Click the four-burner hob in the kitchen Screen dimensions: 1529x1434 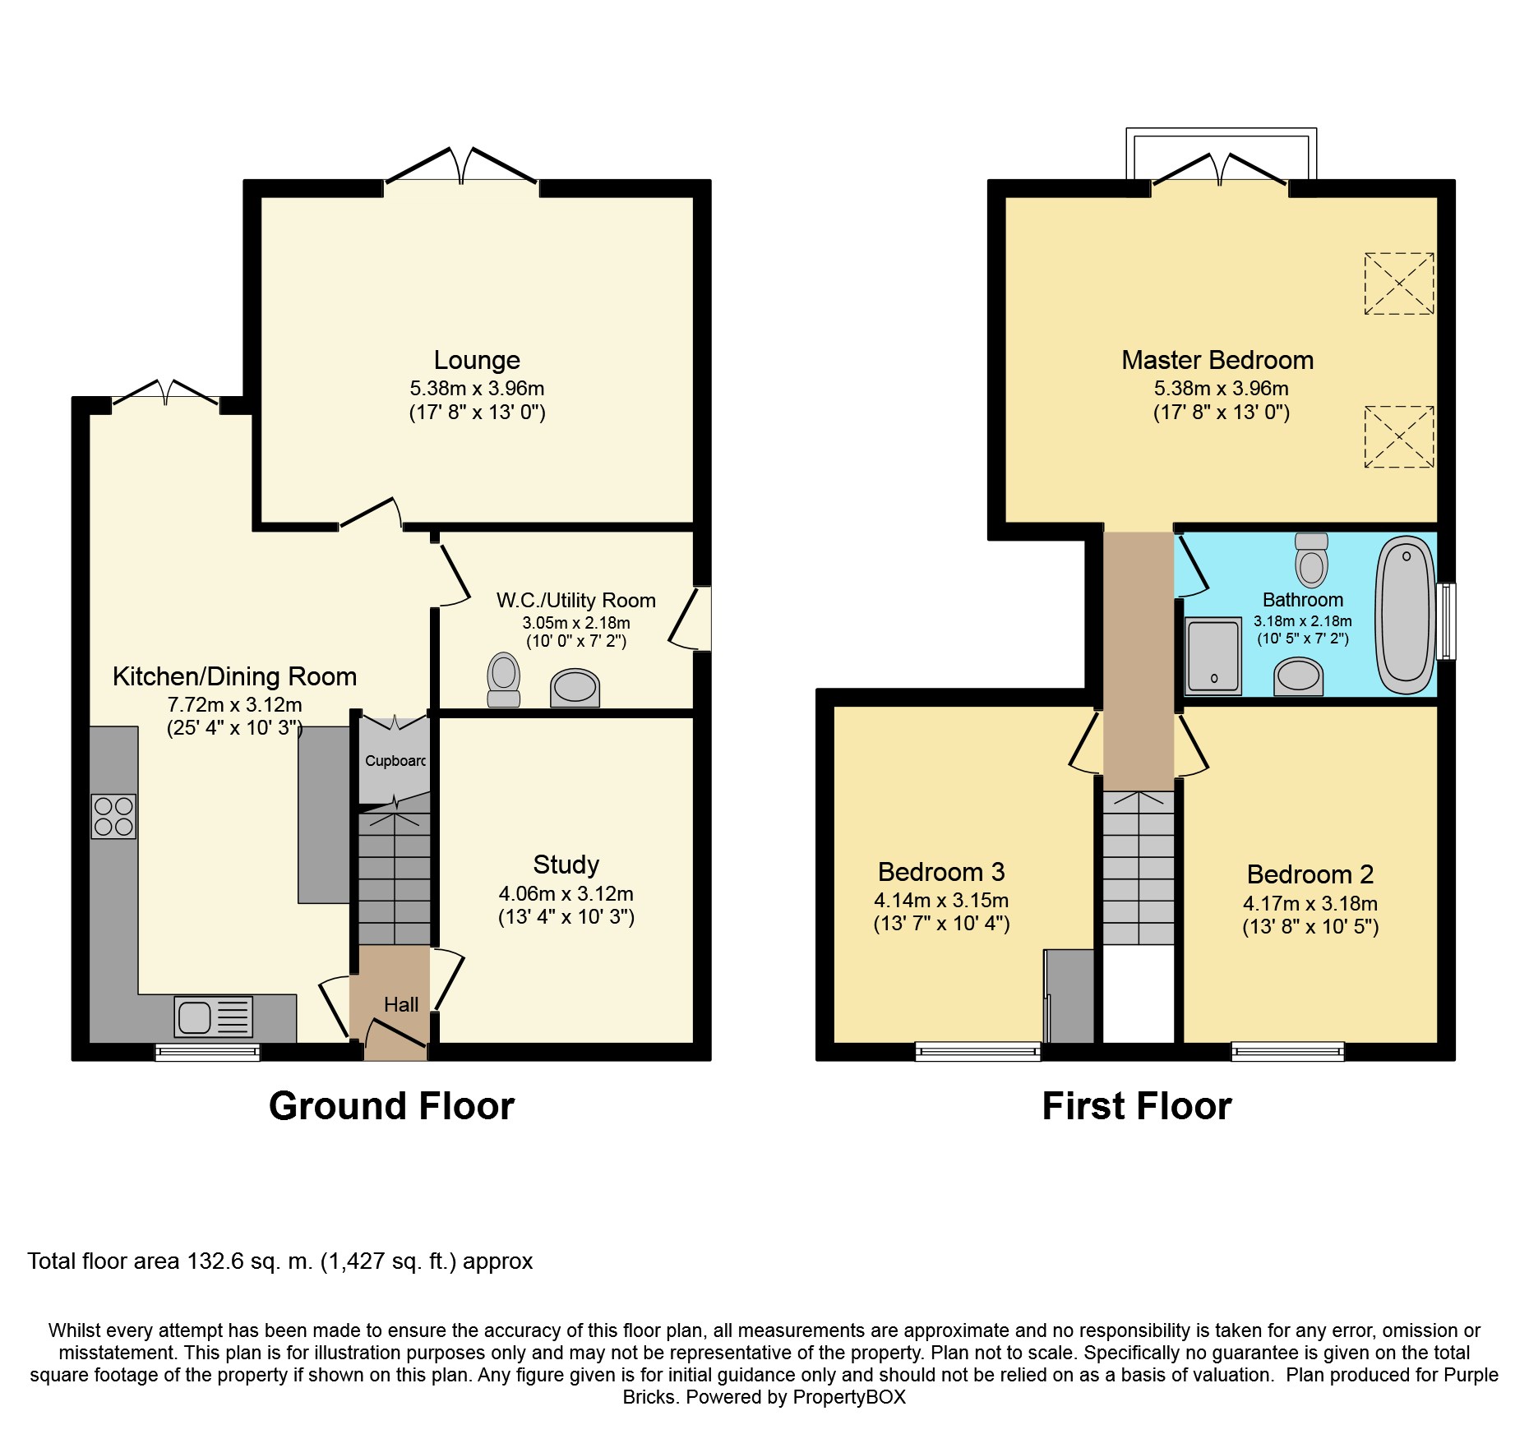[x=113, y=816]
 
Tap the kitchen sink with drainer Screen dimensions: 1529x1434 [x=214, y=1017]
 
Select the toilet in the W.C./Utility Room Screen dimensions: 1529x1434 [x=504, y=680]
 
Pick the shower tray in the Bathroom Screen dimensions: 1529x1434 [x=1213, y=656]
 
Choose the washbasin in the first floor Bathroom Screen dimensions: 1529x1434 [x=1299, y=676]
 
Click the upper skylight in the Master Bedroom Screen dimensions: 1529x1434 [x=1399, y=284]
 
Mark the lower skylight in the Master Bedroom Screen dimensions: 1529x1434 [x=1399, y=436]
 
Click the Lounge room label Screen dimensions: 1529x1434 [x=477, y=360]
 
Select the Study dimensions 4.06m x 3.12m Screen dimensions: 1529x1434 [x=566, y=893]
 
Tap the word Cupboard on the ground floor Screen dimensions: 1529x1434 [x=395, y=761]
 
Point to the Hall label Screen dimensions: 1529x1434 [x=401, y=1004]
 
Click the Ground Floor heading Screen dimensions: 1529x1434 [x=391, y=1106]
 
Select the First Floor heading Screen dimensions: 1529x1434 [x=1137, y=1106]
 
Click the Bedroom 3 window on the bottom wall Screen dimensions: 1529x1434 [x=978, y=1051]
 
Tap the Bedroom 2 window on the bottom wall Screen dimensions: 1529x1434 [x=1287, y=1051]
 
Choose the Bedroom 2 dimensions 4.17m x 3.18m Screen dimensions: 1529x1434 [x=1310, y=904]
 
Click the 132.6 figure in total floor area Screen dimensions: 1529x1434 [x=215, y=1261]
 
